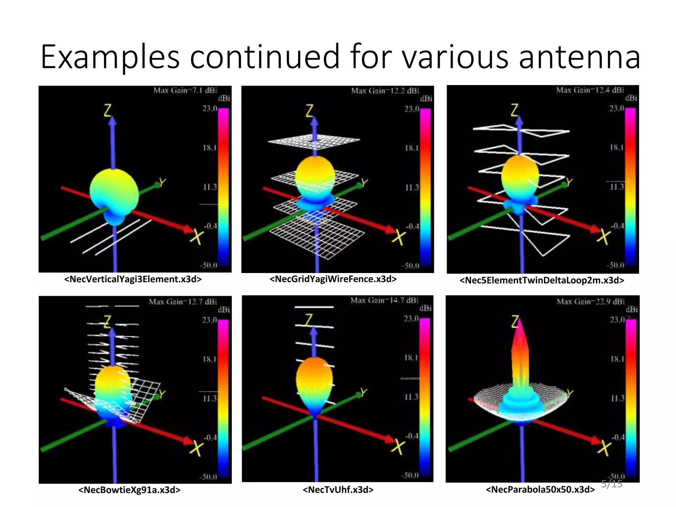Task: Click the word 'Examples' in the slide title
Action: [110, 57]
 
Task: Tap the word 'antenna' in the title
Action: [579, 57]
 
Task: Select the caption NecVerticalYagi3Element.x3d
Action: [133, 279]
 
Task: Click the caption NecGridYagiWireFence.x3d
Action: [333, 279]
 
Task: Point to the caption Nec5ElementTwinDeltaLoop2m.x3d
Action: [542, 280]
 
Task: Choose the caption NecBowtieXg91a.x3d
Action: [129, 490]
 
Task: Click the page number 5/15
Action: [611, 484]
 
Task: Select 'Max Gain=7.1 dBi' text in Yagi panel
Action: [185, 90]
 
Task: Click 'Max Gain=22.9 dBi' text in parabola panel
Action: [591, 301]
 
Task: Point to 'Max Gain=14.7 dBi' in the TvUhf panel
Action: [384, 300]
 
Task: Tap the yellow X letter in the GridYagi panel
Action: [399, 237]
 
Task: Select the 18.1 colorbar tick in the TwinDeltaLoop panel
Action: [617, 147]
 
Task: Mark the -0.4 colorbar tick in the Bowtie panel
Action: [210, 437]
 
